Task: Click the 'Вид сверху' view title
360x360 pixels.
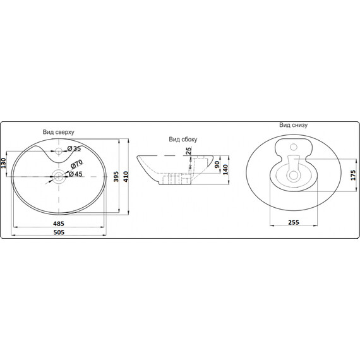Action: (x=58, y=132)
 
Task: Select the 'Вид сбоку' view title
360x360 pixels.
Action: (x=183, y=140)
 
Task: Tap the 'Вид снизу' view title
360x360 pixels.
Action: (x=293, y=125)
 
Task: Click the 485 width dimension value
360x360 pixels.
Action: (x=59, y=224)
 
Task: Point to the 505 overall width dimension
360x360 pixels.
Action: (x=59, y=232)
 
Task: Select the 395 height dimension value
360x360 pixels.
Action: (x=116, y=177)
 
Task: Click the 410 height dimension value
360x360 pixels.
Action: (x=126, y=177)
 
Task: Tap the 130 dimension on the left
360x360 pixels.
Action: (x=4, y=163)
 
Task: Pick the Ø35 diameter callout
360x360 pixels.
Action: (x=74, y=148)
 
